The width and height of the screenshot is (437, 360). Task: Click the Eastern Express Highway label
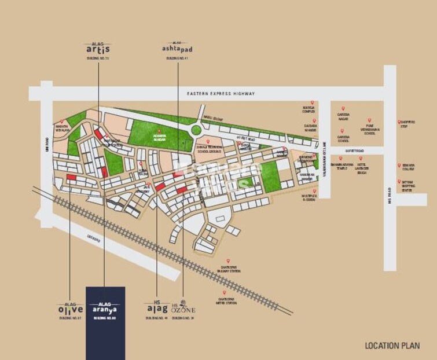click(221, 94)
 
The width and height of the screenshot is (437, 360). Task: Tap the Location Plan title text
click(391, 346)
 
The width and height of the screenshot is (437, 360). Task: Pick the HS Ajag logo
click(156, 307)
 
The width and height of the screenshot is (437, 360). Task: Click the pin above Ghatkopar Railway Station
click(228, 262)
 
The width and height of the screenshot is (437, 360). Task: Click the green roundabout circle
click(197, 131)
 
